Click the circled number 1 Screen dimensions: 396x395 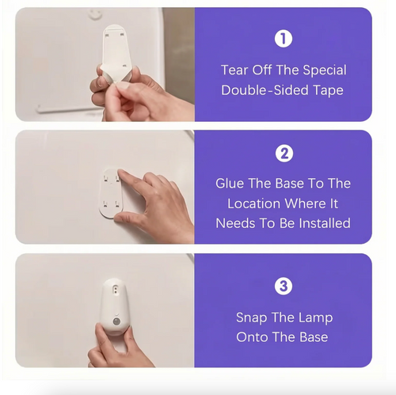tap(284, 39)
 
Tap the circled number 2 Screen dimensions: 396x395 tap(284, 154)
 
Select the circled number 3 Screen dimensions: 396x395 tap(284, 286)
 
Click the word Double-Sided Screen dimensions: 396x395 tap(265, 90)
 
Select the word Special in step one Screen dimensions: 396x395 tap(325, 70)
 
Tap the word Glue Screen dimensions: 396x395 tap(230, 183)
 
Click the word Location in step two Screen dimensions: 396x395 tap(253, 203)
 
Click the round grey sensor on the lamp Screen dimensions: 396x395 tap(116, 321)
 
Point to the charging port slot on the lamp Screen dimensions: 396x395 tap(115, 290)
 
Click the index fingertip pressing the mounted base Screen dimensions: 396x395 tap(121, 173)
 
